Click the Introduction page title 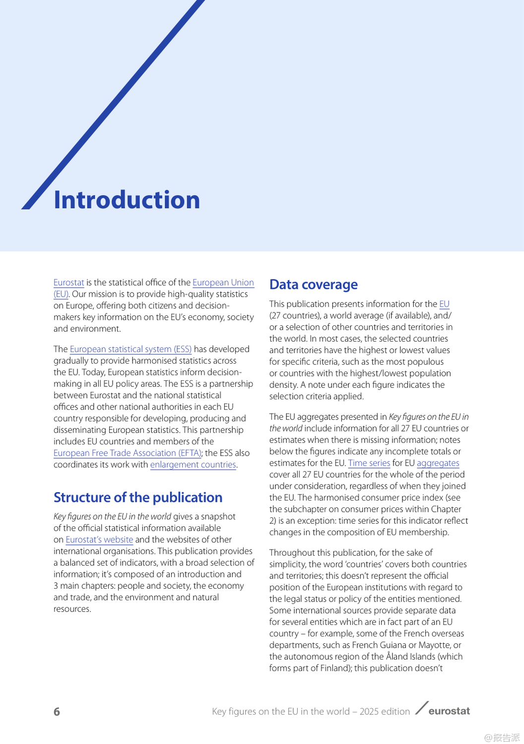(127, 200)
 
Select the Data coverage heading (313, 285)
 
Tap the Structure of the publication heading (137, 497)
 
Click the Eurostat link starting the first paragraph (68, 283)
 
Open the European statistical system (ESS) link (131, 349)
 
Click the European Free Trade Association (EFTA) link (127, 453)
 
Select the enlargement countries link (193, 465)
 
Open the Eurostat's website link (99, 540)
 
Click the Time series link (369, 463)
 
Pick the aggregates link (438, 463)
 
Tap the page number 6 (57, 712)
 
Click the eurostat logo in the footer (443, 711)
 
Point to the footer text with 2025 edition (311, 712)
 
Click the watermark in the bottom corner (502, 738)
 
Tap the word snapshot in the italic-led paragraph (218, 517)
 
